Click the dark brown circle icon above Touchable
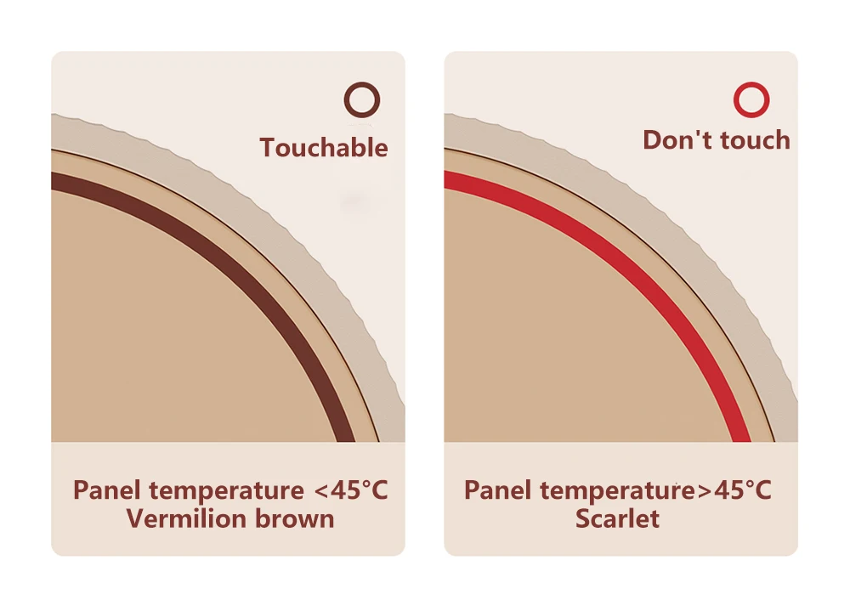click(x=361, y=100)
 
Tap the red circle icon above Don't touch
click(x=751, y=100)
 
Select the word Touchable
click(x=324, y=148)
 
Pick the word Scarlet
click(x=617, y=518)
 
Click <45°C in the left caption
click(x=351, y=491)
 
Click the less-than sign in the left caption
click(x=320, y=491)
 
